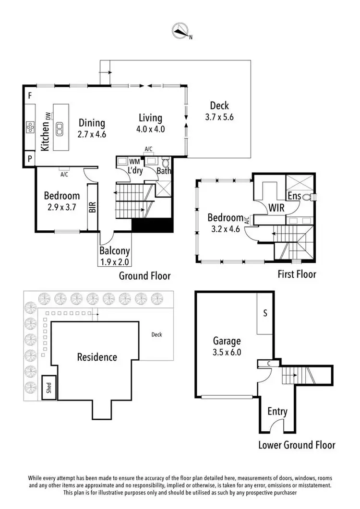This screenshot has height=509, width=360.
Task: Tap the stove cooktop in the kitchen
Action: pos(30,128)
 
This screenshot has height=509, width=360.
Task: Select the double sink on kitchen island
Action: pos(60,128)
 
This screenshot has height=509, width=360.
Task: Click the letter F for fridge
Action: pos(29,96)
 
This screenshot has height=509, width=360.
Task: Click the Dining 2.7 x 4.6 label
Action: pos(92,129)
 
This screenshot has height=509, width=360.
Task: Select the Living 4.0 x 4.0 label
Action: pos(151,123)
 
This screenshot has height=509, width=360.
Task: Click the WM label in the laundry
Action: pos(134,162)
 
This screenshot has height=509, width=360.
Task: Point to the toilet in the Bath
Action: pos(166,162)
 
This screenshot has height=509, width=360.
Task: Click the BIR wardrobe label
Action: pos(92,207)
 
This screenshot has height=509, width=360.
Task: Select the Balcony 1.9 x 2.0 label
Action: pos(115,256)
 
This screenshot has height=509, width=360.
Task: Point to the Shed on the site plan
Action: pos(48,388)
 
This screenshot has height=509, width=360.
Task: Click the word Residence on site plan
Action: pos(97,357)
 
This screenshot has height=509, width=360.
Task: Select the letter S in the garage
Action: pos(265,313)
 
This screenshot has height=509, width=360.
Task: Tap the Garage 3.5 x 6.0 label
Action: pos(227,346)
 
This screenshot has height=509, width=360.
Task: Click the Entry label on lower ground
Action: pos(277,411)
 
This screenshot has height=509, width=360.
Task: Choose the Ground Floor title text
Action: pos(145,276)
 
